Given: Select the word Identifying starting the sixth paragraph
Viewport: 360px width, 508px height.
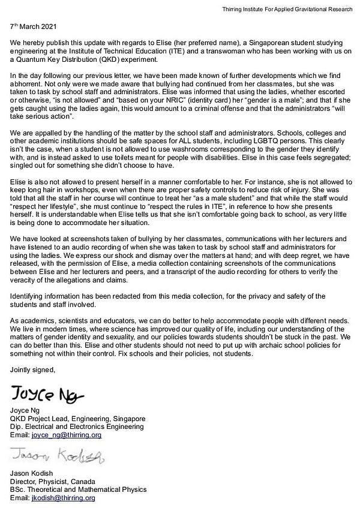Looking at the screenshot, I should tap(30, 296).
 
